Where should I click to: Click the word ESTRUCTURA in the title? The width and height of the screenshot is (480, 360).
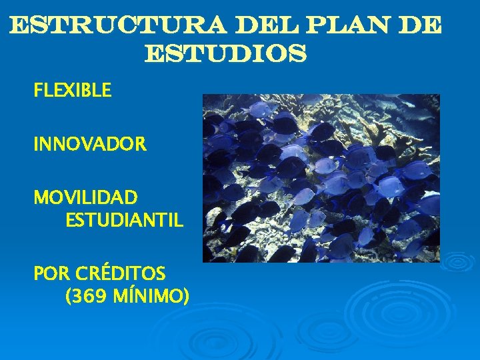[117, 26]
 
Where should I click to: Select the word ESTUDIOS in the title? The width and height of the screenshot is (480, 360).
[225, 53]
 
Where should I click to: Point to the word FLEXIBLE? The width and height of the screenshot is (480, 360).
[73, 91]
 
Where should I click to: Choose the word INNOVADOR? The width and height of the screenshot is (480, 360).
[90, 144]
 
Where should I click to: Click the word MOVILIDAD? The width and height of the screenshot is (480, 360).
[86, 198]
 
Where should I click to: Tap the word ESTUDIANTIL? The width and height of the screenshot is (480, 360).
[124, 220]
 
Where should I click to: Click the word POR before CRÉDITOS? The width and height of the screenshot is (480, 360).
[52, 273]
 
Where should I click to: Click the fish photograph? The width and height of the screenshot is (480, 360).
[321, 177]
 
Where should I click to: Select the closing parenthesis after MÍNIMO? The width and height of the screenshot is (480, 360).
[186, 295]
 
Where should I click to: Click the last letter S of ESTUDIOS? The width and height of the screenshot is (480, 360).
[298, 53]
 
